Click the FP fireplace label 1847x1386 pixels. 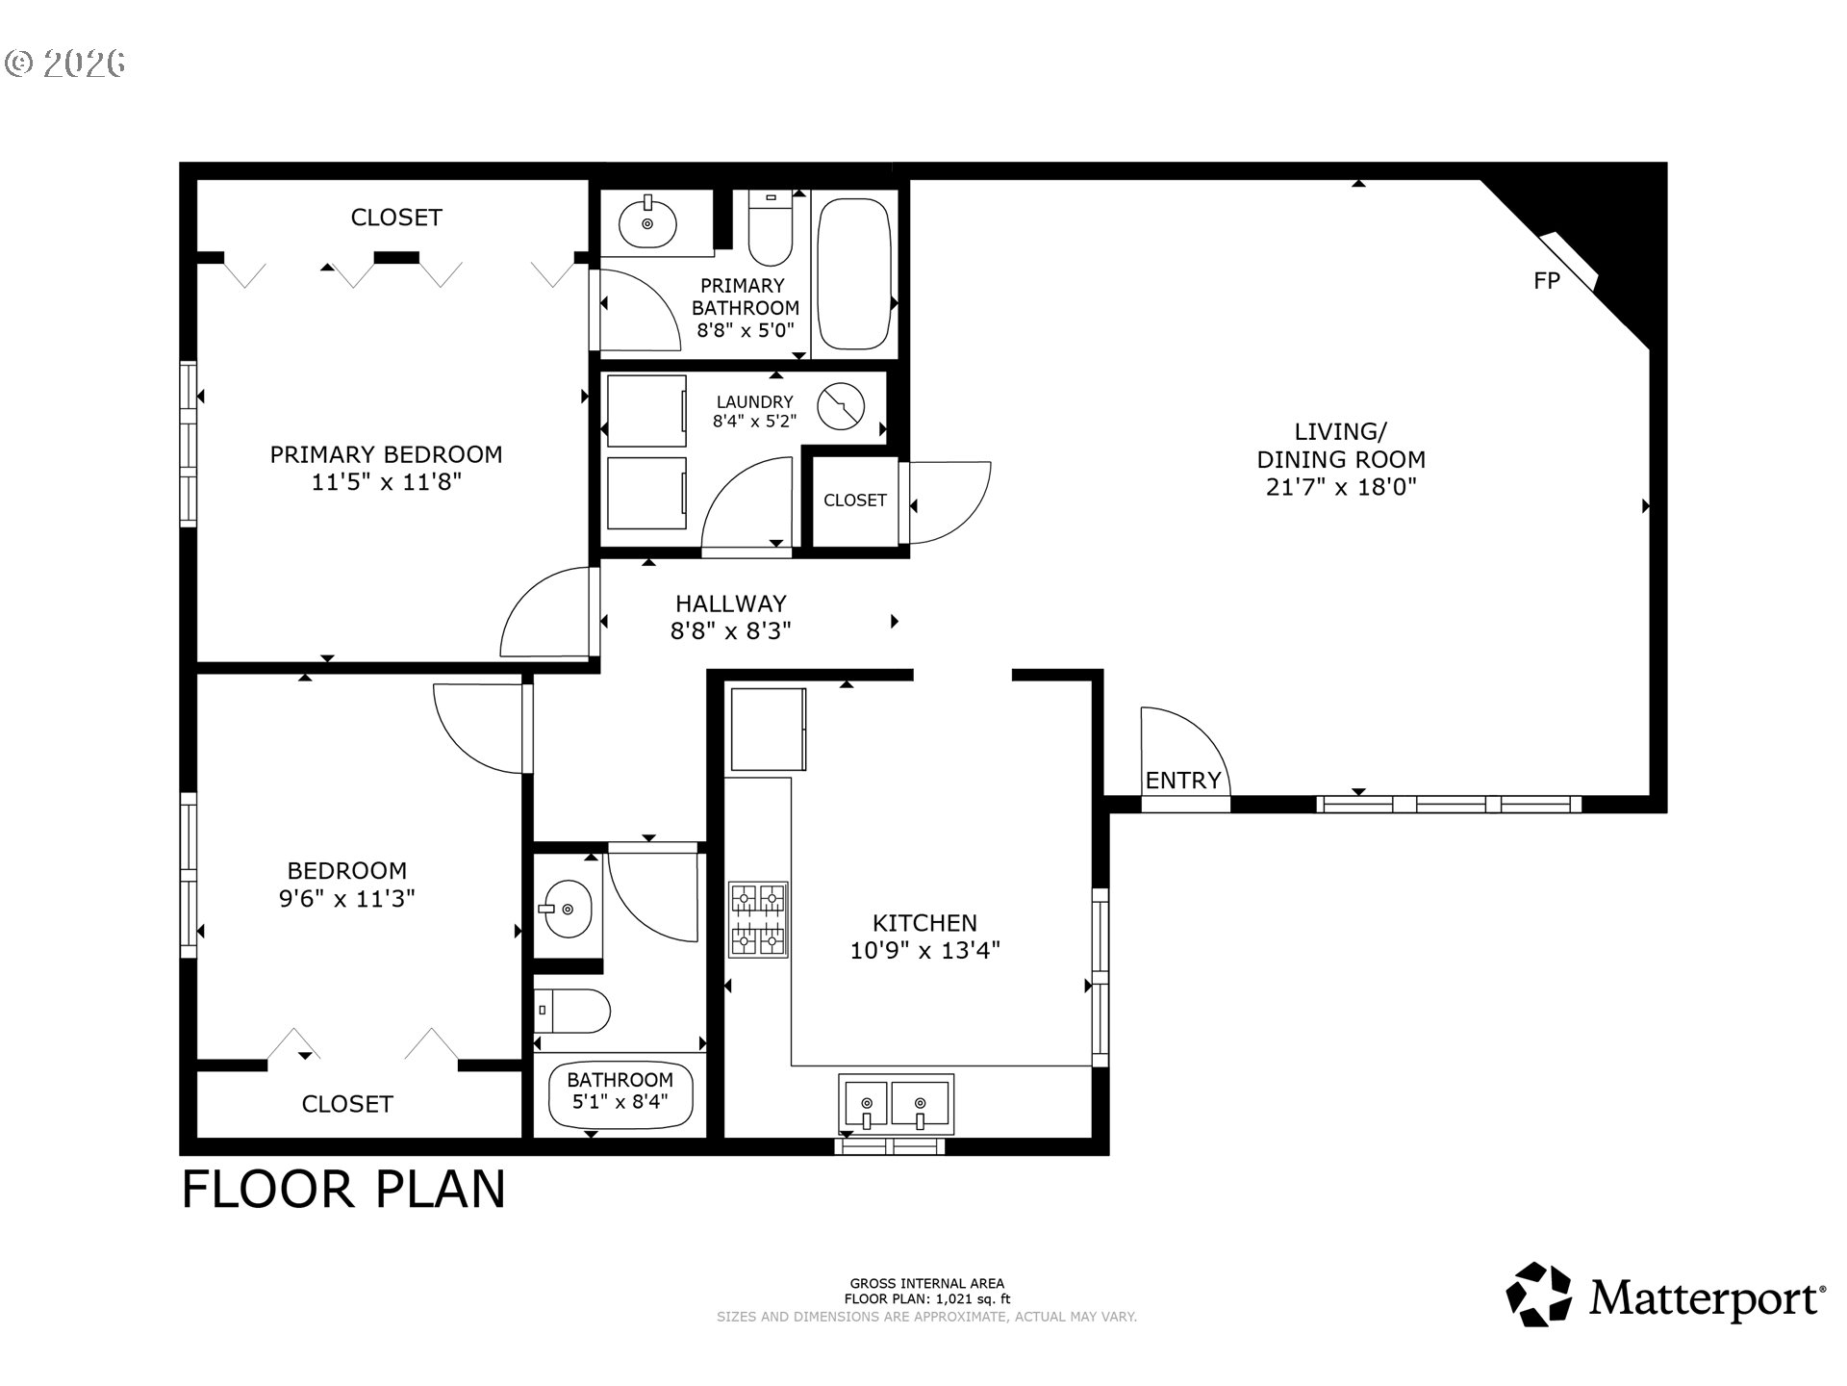click(x=1546, y=280)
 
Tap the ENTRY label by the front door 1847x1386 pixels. click(x=1183, y=781)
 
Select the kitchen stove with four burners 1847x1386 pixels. click(x=758, y=919)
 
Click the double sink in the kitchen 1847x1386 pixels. click(x=896, y=1103)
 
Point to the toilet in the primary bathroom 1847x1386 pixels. click(x=770, y=227)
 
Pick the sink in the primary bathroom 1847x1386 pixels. click(x=647, y=221)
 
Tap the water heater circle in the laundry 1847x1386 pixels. click(x=841, y=406)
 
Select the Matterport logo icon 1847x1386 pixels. click(x=1538, y=1295)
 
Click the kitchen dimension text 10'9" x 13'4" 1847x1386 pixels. click(x=925, y=951)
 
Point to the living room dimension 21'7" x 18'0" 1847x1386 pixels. click(x=1341, y=487)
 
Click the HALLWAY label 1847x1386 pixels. click(x=731, y=603)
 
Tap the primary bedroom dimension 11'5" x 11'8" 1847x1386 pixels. click(x=387, y=482)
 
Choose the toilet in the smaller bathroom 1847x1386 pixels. click(x=572, y=1011)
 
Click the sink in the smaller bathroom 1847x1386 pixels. click(x=568, y=908)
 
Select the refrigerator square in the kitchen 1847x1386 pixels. click(x=768, y=730)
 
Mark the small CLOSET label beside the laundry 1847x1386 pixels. click(x=855, y=500)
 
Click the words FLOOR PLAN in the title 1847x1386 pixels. click(x=343, y=1190)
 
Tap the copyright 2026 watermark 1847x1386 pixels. click(x=65, y=64)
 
